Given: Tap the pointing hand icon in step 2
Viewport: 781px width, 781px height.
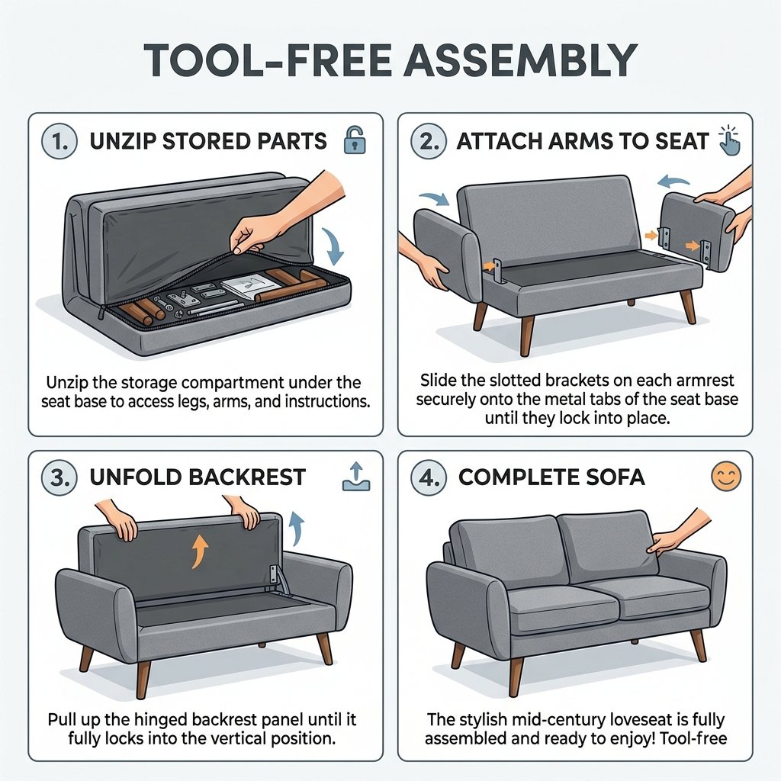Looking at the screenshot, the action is point(730,140).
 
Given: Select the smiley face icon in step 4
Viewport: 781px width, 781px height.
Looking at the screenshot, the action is point(727,476).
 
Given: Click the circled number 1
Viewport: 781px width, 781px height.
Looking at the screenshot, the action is point(59,141).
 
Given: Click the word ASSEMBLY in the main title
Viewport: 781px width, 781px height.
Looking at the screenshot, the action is point(520,60).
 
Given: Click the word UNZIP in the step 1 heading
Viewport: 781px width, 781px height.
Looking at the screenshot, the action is point(123,141).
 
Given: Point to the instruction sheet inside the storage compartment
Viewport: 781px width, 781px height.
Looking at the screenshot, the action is point(250,288).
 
